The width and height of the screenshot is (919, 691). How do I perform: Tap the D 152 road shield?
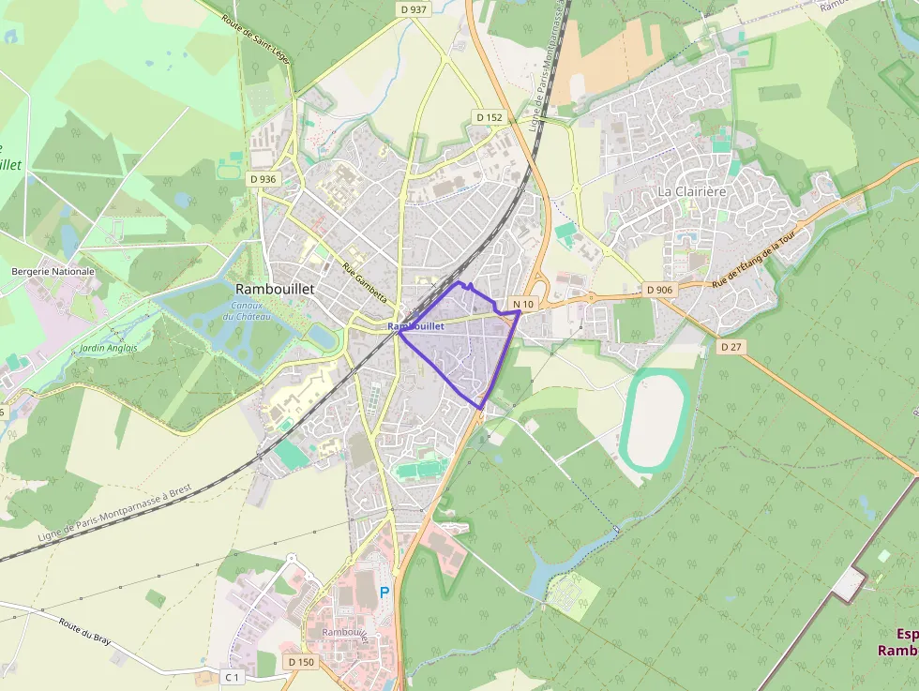coord(490,117)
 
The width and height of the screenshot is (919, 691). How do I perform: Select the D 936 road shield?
coord(264,179)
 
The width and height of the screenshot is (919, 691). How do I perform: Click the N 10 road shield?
coord(523,305)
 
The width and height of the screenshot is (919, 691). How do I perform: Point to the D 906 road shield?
coord(660,290)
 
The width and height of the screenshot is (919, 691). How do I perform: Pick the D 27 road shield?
coord(731,346)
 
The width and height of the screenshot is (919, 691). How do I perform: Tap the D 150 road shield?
coord(301,662)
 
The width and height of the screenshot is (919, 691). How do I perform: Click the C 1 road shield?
coord(232,676)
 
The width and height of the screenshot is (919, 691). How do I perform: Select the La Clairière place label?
coord(692,191)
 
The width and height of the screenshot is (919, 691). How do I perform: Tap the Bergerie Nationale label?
coord(53,271)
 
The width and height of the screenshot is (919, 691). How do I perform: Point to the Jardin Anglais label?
coord(109,348)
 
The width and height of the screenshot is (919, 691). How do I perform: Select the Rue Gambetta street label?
coord(365,281)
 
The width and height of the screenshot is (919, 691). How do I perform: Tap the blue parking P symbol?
coord(384,593)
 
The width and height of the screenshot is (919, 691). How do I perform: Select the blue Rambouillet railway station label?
coord(415,326)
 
